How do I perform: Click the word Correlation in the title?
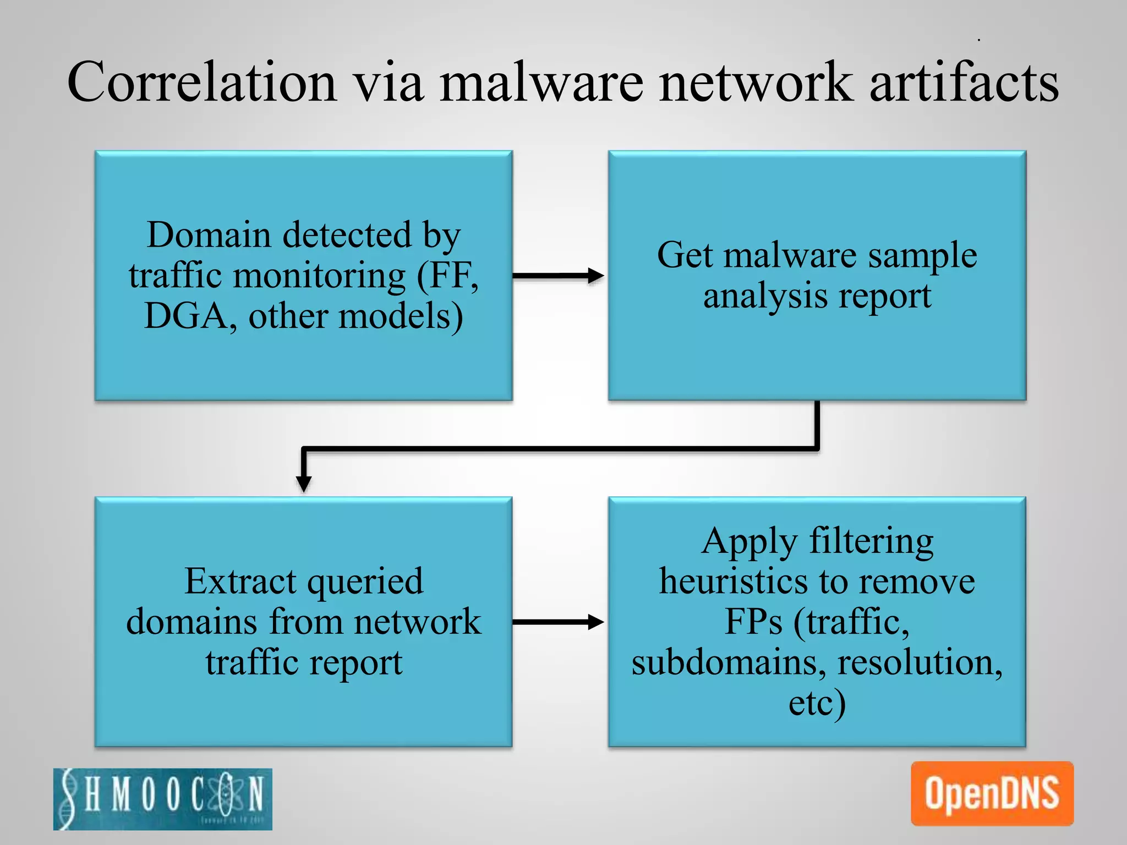click(201, 83)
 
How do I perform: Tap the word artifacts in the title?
click(964, 83)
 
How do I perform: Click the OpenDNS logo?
click(992, 793)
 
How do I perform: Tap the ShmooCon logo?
click(162, 798)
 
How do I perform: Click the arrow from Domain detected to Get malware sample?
click(559, 275)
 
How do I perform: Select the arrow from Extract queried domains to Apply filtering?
click(559, 622)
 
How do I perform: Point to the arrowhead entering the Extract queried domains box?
click(304, 484)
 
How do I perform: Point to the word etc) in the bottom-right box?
click(817, 703)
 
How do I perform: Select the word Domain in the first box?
click(209, 235)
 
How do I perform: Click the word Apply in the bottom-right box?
click(749, 542)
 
